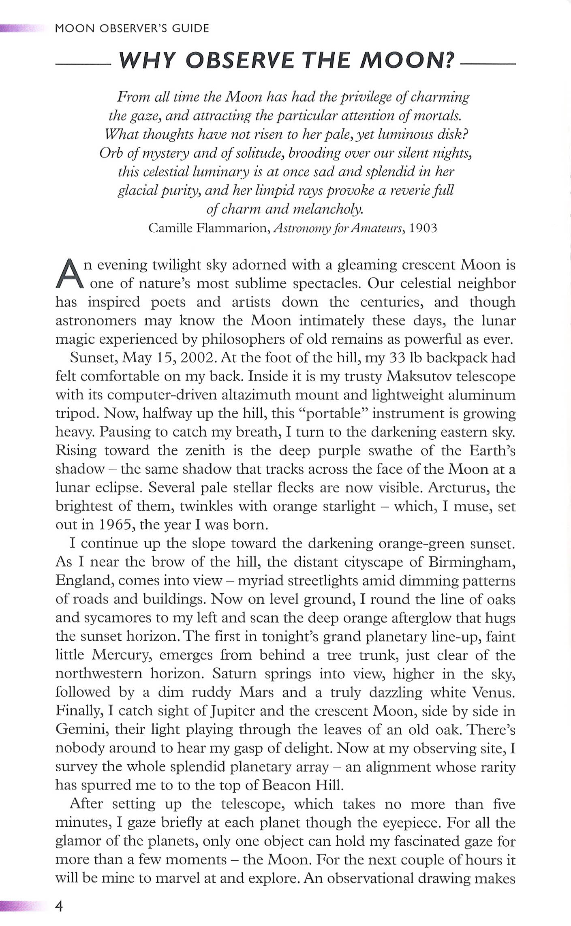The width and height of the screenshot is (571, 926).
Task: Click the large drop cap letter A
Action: [68, 274]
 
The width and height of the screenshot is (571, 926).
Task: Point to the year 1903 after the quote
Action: [423, 228]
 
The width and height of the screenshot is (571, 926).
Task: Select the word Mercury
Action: [121, 655]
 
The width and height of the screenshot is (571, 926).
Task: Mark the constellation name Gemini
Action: [80, 730]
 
